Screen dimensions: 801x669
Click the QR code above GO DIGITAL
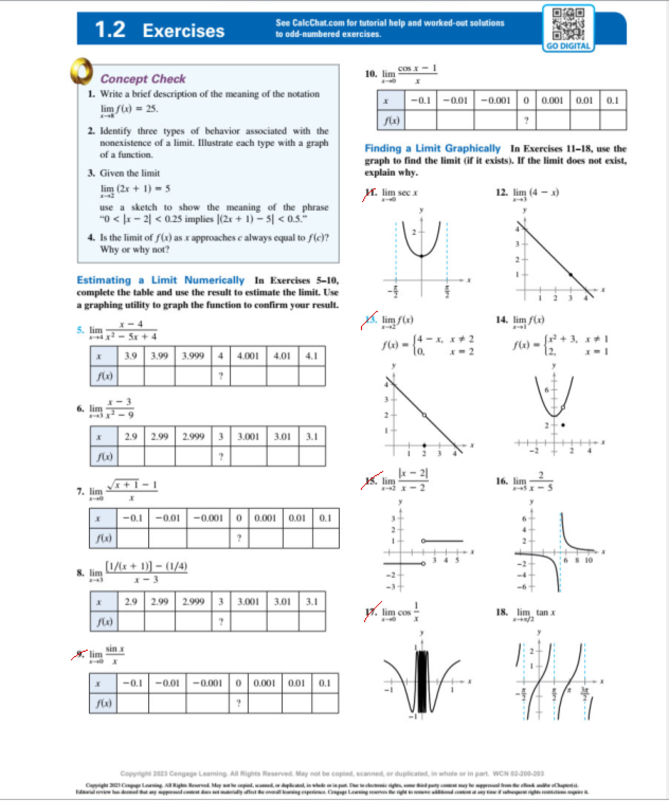point(568,23)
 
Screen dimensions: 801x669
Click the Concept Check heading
point(143,79)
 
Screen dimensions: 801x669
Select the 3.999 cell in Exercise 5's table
point(192,356)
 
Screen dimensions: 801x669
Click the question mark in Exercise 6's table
point(221,457)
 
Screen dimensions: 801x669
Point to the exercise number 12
point(501,192)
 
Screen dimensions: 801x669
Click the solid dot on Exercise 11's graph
point(421,256)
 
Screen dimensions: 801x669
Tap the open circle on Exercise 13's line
point(424,415)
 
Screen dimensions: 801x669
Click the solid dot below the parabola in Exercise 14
point(563,425)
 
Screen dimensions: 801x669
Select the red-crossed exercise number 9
point(81,653)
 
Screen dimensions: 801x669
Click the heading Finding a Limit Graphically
point(432,148)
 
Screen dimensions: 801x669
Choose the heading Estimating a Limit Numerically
point(161,280)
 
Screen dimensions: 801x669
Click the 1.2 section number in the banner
point(110,30)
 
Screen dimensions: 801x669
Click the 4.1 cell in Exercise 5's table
point(311,356)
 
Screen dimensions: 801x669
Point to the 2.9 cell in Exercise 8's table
point(130,601)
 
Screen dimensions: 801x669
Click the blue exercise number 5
point(80,330)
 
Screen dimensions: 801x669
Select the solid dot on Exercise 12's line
point(570,274)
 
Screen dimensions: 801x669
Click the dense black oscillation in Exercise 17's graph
point(421,681)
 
